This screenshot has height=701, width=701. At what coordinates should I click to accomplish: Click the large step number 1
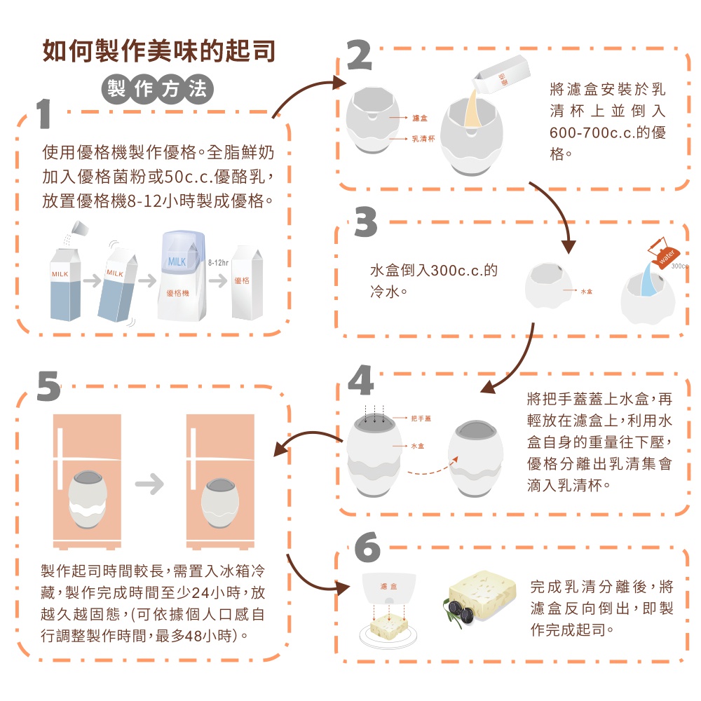[x=43, y=114]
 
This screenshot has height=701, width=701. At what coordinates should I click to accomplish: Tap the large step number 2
[x=359, y=55]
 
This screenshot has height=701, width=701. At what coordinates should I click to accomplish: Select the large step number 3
[x=366, y=222]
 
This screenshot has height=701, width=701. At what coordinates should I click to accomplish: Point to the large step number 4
[x=361, y=380]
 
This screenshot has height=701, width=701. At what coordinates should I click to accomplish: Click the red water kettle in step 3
[x=662, y=252]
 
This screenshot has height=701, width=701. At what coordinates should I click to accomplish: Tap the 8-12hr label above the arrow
[x=218, y=263]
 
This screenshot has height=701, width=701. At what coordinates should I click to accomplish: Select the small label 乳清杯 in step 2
[x=423, y=139]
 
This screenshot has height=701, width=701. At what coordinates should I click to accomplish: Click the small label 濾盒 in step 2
[x=420, y=118]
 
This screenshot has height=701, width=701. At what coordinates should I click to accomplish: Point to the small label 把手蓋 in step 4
[x=421, y=418]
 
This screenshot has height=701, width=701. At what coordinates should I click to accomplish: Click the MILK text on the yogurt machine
[x=177, y=262]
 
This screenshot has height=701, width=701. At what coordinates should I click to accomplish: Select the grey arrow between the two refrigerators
[x=149, y=484]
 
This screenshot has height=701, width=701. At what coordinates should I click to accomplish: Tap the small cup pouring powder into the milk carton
[x=81, y=228]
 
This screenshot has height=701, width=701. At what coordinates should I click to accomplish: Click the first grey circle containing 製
[x=116, y=88]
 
